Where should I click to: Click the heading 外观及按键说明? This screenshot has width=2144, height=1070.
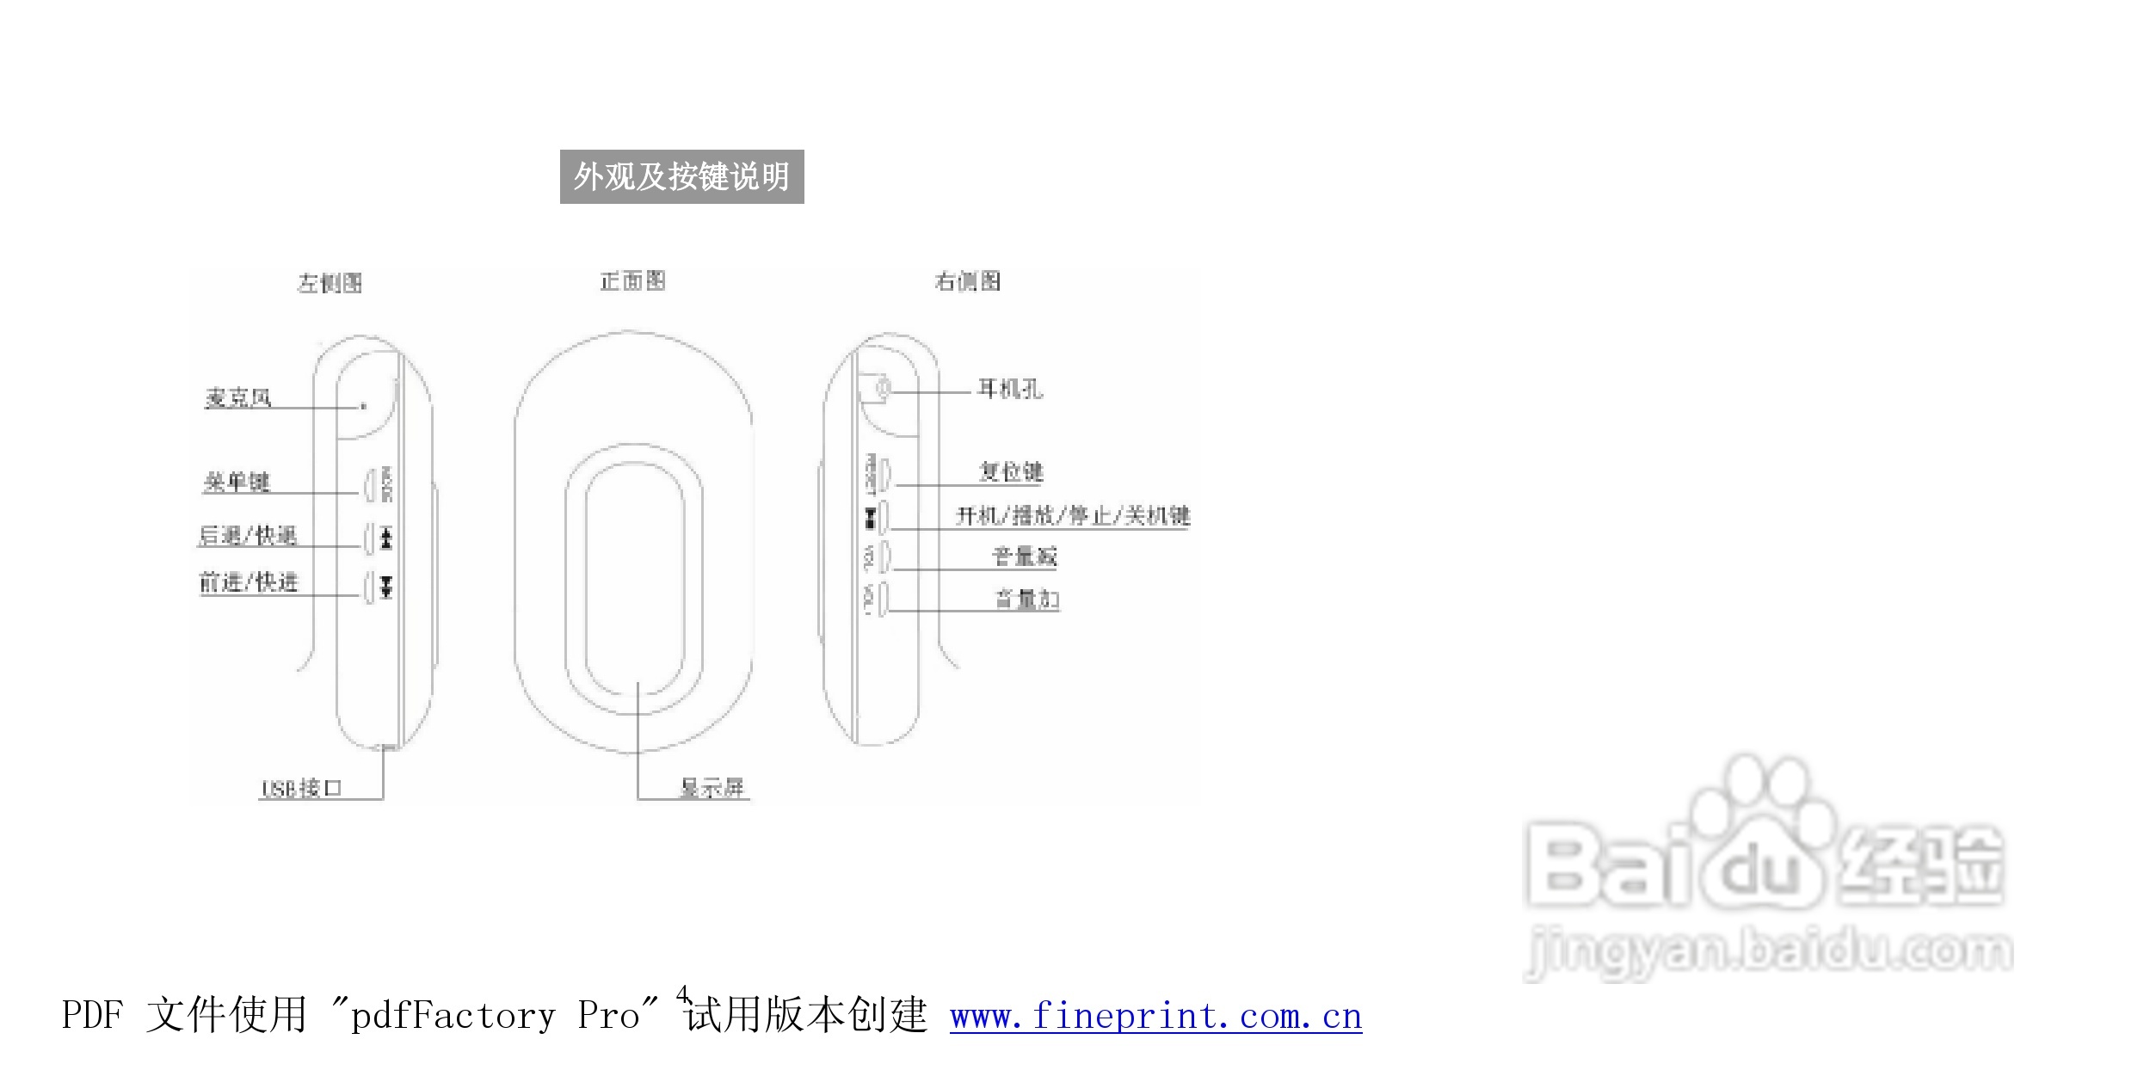[681, 176]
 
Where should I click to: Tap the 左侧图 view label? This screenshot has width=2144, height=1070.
[330, 283]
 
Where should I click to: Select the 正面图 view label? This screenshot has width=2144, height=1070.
[633, 281]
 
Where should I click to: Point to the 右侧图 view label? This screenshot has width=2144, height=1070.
[968, 281]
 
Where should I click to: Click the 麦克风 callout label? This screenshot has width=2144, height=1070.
[238, 397]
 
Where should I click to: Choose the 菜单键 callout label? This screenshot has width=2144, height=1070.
[237, 482]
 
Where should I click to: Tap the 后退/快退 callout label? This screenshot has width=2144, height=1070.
[248, 536]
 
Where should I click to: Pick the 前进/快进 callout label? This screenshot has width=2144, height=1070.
[249, 582]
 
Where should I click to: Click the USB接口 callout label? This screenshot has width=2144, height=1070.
[301, 788]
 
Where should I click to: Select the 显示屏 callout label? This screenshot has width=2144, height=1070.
[712, 787]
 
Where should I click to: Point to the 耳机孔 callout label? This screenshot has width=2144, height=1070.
[1010, 390]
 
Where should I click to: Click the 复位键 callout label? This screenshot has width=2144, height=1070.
[1011, 471]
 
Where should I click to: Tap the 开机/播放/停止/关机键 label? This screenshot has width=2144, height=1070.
[1073, 515]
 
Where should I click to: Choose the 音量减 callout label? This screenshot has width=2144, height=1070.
[1025, 557]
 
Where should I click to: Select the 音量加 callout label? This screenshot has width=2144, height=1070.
[1026, 599]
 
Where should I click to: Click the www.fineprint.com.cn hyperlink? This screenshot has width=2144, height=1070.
[1155, 1017]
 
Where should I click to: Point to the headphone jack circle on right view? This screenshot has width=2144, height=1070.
[882, 389]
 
